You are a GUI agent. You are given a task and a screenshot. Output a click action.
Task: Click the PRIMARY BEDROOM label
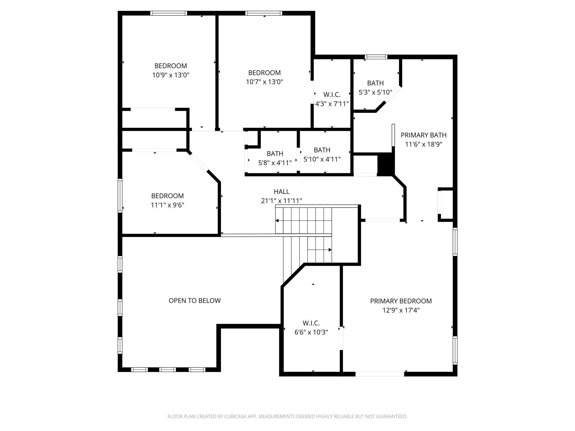[401, 301]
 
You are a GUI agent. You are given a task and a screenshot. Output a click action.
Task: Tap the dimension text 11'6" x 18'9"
[423, 144]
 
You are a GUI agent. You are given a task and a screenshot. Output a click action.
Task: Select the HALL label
[281, 191]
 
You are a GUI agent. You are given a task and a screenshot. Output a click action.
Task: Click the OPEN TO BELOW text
[195, 301]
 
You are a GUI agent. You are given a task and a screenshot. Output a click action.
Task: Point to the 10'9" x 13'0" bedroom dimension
[171, 75]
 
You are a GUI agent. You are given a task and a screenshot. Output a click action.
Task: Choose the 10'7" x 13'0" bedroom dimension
[264, 82]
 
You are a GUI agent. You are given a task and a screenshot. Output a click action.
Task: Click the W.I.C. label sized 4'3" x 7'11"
[332, 95]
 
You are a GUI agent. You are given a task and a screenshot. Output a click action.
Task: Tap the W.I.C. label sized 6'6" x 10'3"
[311, 323]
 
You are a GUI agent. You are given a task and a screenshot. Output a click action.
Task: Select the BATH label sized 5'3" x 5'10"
[375, 83]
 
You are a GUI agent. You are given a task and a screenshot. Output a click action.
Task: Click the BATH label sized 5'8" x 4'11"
[275, 153]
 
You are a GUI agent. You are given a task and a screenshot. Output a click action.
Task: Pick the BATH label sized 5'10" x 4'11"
[322, 150]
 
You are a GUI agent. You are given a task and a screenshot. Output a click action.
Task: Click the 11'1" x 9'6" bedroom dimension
[167, 205]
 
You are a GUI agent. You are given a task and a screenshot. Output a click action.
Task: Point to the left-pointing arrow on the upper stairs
[277, 221]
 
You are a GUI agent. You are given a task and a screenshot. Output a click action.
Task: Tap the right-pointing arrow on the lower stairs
[330, 250]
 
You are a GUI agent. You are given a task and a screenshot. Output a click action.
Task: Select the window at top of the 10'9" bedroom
[168, 13]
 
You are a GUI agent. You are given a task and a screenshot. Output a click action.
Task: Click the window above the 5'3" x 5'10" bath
[376, 57]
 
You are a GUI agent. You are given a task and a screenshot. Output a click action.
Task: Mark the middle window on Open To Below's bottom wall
[167, 370]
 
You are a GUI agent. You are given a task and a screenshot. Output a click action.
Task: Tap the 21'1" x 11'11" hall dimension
[281, 201]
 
